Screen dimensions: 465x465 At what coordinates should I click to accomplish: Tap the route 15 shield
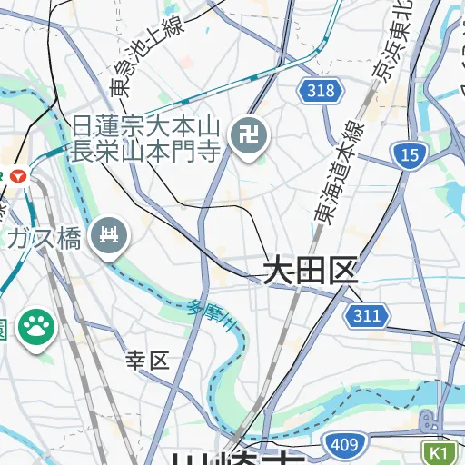tap(410, 154)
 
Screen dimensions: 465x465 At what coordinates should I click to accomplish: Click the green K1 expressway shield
tap(440, 451)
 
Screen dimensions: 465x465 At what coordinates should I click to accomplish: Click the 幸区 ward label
tap(148, 361)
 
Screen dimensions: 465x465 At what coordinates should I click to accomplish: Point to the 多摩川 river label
tap(216, 318)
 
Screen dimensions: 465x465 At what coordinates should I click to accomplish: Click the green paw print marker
tap(37, 327)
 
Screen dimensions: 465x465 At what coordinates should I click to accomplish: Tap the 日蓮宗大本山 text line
tap(146, 125)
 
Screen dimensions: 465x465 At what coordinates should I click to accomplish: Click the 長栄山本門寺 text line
tap(146, 150)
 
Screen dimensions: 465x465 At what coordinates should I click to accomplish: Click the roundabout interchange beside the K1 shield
tap(428, 421)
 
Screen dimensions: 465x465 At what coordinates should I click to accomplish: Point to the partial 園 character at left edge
tap(4, 329)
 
